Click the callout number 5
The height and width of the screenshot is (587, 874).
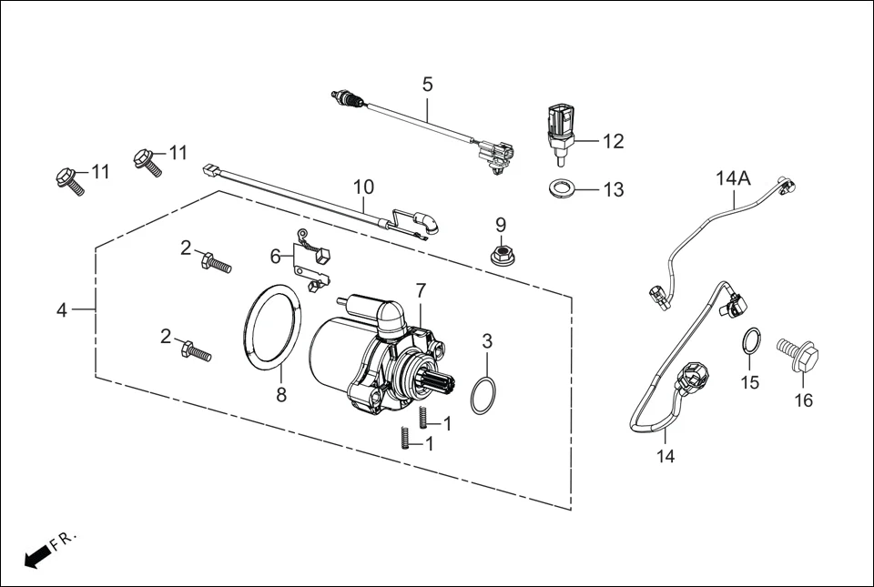point(427,85)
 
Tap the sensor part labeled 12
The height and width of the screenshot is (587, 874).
point(560,131)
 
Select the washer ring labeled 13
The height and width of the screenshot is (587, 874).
point(561,190)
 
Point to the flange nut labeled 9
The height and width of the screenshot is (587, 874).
point(500,255)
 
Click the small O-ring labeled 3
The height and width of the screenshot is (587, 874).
point(485,395)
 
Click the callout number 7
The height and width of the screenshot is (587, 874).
point(421,291)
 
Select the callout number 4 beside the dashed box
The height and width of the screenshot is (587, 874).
point(61,310)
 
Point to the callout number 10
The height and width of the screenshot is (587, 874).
point(363,187)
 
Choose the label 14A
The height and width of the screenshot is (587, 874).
point(733,178)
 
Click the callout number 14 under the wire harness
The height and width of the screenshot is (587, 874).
point(666,455)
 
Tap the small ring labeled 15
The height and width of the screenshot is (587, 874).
point(750,341)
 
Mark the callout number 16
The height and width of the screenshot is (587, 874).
point(803,400)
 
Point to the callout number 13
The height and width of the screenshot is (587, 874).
point(614,190)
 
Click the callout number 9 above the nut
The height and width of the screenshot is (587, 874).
point(500,224)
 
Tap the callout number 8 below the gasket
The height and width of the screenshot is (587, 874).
point(281,395)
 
